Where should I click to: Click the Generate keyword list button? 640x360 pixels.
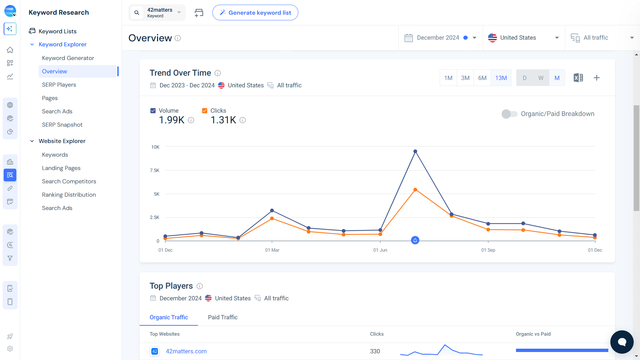(255, 13)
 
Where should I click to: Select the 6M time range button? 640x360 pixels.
(482, 78)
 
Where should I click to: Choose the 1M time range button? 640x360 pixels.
(448, 78)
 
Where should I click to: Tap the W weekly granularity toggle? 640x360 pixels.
(541, 78)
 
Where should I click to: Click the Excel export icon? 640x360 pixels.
(578, 78)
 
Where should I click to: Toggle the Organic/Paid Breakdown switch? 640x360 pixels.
(509, 114)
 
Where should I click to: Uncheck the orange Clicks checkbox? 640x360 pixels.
(205, 111)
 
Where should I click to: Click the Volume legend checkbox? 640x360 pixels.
(153, 111)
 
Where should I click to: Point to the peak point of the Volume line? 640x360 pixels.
(415, 151)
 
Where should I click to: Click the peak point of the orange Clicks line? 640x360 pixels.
(415, 190)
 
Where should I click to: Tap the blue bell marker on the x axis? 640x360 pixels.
(415, 240)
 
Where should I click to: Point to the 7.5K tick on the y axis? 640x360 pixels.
(155, 170)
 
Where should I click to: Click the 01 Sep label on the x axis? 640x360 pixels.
(488, 250)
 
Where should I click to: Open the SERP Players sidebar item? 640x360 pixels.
(59, 85)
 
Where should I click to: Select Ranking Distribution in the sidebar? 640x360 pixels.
(69, 195)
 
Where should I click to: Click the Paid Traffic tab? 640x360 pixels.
(223, 317)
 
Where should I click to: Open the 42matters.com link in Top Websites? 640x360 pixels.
(186, 351)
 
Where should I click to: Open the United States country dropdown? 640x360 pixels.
(523, 38)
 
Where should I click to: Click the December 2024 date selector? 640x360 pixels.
(440, 38)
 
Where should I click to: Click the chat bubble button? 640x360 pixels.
(622, 342)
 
